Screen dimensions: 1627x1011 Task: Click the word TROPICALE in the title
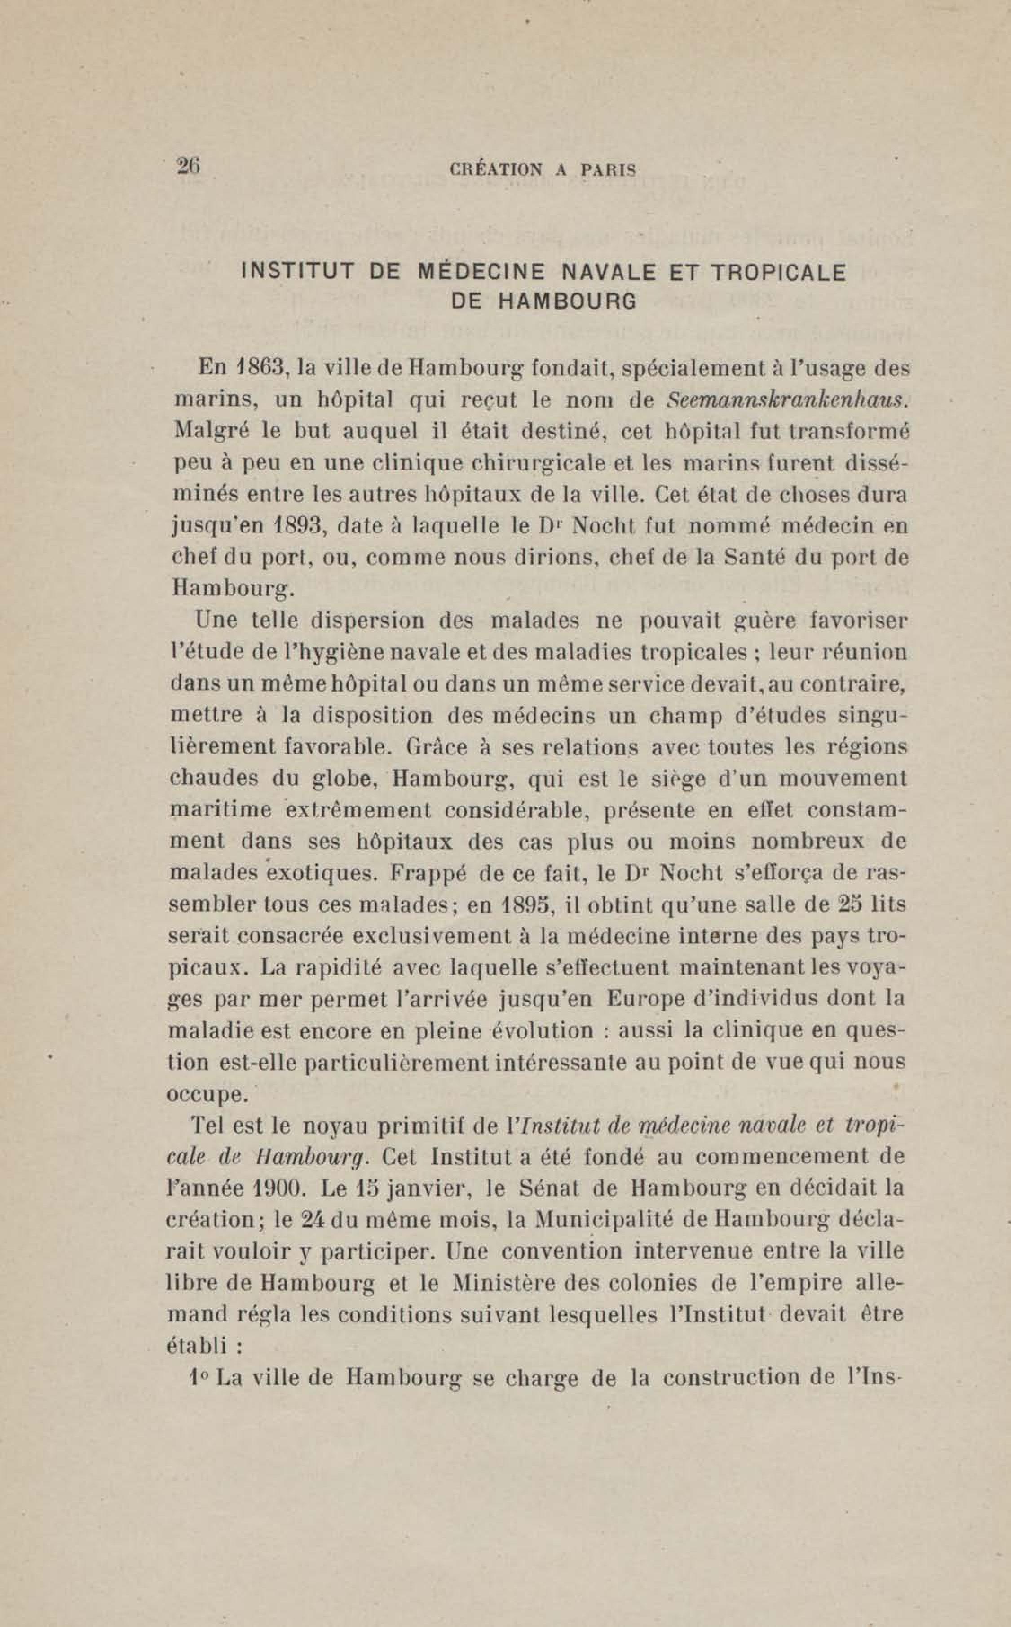(777, 272)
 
